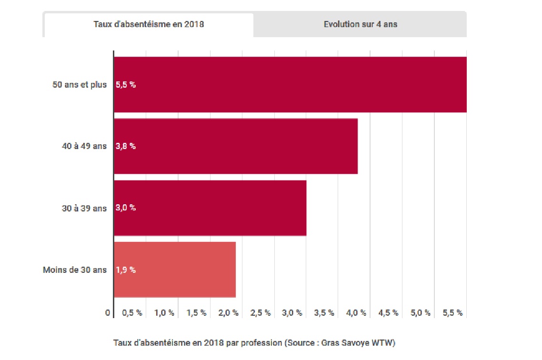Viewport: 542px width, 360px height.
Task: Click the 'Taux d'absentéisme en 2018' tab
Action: pos(149,25)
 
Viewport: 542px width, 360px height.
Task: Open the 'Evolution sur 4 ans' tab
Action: pos(360,25)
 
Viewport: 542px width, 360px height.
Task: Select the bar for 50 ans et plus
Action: pos(291,85)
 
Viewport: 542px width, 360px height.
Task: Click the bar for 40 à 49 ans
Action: pos(236,146)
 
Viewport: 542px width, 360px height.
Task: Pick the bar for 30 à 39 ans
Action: pos(210,208)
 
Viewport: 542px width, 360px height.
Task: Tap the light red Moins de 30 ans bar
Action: pos(175,270)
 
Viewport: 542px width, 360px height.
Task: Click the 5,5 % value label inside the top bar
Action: pos(125,85)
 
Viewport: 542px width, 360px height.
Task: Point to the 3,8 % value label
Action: pos(125,146)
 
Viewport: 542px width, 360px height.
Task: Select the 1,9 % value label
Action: pos(125,270)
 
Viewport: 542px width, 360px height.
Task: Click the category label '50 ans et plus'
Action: pos(80,85)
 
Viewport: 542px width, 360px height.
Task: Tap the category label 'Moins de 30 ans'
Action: pos(75,270)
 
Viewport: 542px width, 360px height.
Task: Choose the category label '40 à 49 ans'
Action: pos(84,146)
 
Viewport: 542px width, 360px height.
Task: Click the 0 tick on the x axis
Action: pos(108,313)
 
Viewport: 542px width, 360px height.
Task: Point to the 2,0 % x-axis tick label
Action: pos(228,313)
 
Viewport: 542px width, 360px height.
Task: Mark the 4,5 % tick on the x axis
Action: pos(388,313)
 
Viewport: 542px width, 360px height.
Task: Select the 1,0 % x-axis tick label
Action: pos(164,313)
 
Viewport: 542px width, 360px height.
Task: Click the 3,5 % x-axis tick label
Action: pos(324,313)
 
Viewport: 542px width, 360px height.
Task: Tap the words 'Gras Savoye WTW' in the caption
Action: pos(357,343)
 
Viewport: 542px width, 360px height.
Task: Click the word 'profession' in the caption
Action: pos(261,343)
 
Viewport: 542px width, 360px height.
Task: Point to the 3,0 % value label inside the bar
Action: pos(125,208)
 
